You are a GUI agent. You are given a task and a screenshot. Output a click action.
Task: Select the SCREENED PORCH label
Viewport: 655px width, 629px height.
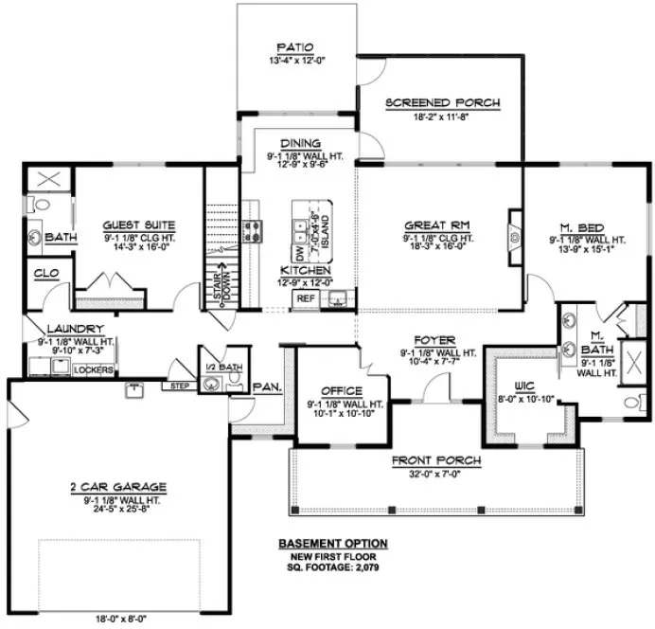[442, 102]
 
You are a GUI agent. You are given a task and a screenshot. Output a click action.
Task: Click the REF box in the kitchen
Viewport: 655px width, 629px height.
[305, 297]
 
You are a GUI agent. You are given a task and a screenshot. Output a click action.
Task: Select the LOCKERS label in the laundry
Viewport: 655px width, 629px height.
[93, 369]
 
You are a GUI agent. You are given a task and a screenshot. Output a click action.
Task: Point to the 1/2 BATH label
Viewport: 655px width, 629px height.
[218, 367]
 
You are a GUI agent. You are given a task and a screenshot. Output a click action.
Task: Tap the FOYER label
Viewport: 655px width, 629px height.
[436, 338]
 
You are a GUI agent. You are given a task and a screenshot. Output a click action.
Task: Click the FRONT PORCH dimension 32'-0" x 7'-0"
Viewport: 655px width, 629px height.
[436, 475]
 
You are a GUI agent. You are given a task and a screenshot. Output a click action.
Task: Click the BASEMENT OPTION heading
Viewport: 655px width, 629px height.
[333, 543]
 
